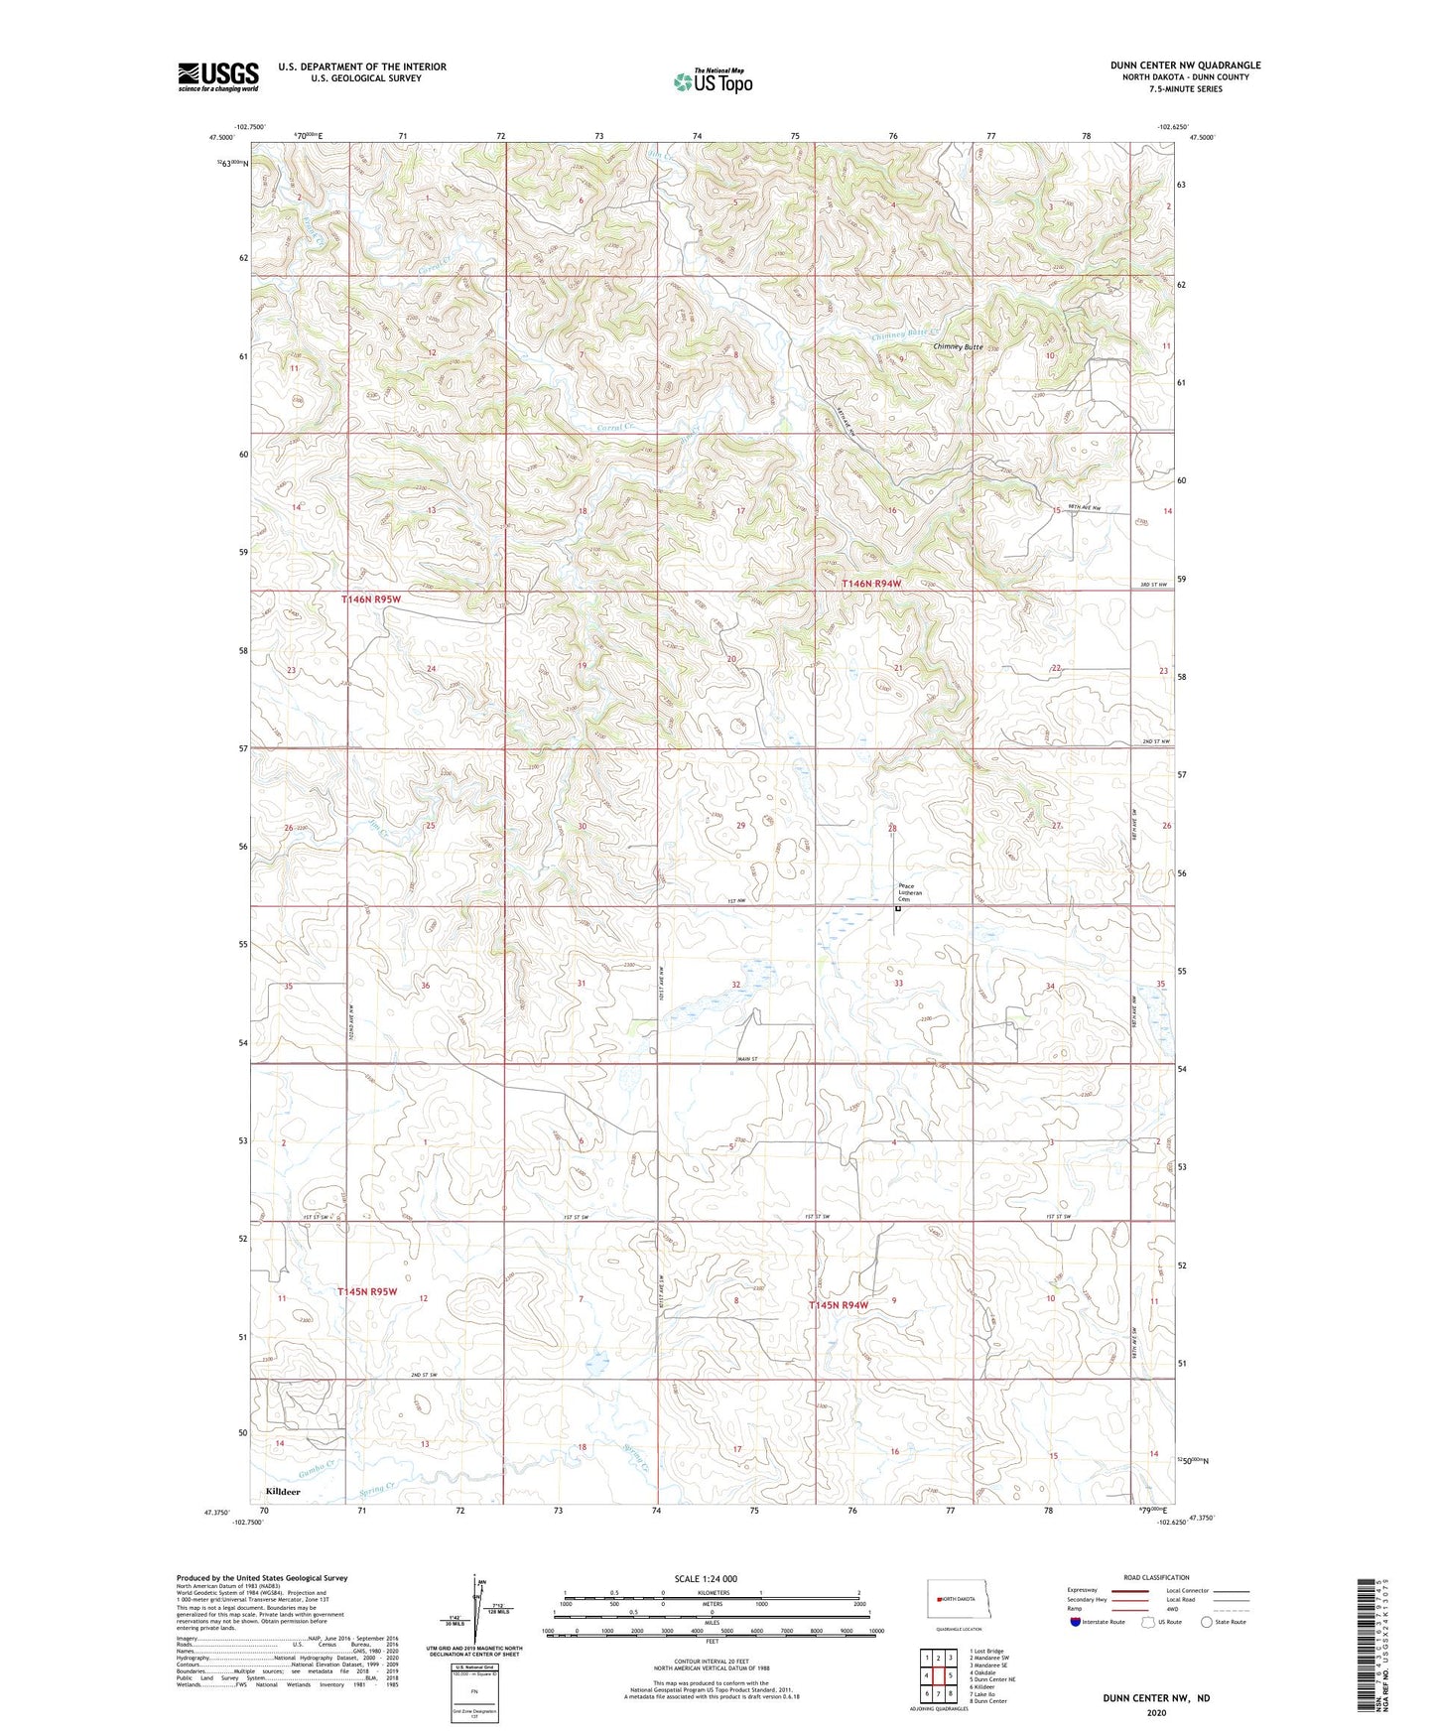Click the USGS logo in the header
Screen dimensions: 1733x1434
[x=217, y=75]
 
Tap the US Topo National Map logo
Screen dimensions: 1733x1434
[x=712, y=81]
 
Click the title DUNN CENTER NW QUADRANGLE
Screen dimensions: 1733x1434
[x=1185, y=66]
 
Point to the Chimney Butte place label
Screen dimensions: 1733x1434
[x=958, y=347]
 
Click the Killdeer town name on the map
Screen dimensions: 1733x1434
[x=283, y=1491]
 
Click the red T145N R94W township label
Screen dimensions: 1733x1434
[x=839, y=1305]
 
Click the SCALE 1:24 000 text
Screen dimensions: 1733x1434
[x=706, y=1578]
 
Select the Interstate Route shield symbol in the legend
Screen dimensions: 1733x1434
[x=1077, y=1622]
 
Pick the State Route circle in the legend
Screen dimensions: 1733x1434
[x=1207, y=1622]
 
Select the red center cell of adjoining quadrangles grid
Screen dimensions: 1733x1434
[x=938, y=1675]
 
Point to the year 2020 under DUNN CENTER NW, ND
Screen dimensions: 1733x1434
[x=1156, y=1712]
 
